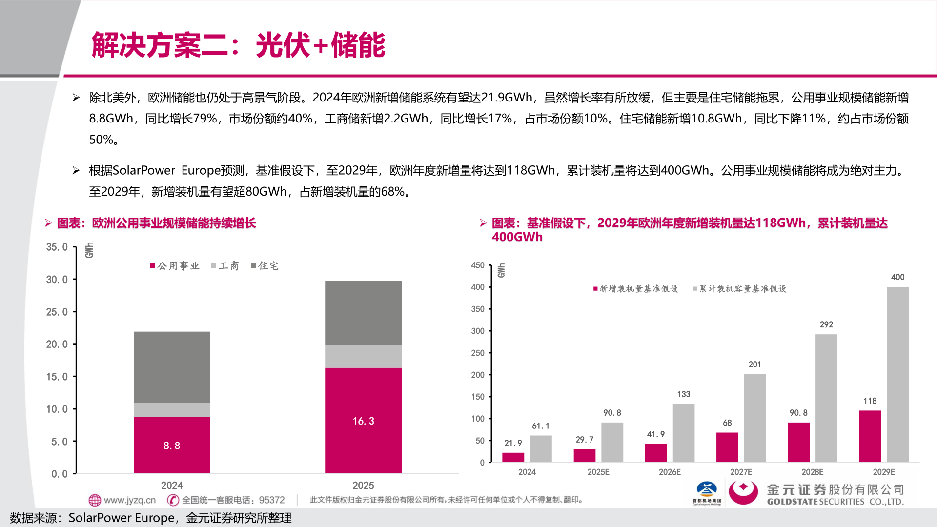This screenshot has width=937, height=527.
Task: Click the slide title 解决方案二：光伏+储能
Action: (238, 45)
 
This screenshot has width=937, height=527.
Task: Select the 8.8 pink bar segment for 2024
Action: (172, 445)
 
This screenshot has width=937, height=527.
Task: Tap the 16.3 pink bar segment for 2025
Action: (363, 420)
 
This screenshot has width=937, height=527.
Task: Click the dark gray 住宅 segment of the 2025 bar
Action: (363, 312)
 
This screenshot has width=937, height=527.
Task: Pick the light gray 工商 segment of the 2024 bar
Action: (172, 409)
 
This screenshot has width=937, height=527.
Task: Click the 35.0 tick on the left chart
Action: (57, 247)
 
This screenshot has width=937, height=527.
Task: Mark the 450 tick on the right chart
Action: (478, 265)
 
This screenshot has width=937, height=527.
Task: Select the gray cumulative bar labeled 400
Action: (897, 374)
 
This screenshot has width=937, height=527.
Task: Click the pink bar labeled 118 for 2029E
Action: (870, 436)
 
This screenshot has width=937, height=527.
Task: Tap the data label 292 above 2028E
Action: (826, 324)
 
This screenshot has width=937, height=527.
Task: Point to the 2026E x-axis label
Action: (670, 472)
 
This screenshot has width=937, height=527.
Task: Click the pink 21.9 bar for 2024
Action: (513, 457)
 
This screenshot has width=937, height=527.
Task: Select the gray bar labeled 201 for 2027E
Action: (754, 418)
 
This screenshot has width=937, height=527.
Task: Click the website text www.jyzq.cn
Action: (129, 500)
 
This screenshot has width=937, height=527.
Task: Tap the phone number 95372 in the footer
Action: (272, 500)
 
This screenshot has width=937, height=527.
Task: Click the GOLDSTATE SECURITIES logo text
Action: (835, 502)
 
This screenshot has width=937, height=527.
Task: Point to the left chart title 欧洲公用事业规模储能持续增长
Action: (174, 223)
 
